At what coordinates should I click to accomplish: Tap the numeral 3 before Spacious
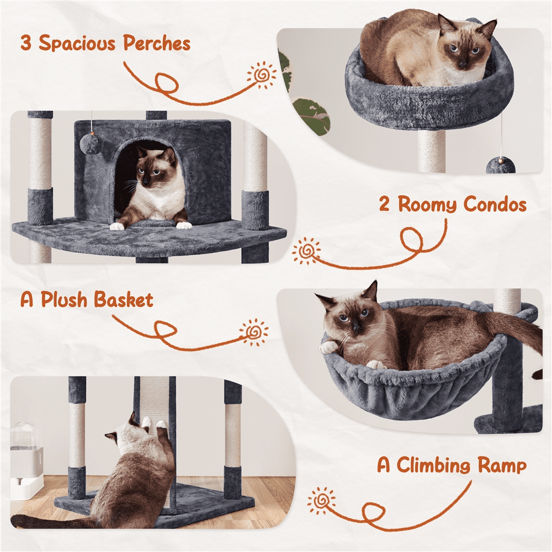pyautogui.click(x=26, y=43)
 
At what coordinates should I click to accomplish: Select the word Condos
pyautogui.click(x=495, y=205)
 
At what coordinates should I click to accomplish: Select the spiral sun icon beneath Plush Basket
pyautogui.click(x=254, y=333)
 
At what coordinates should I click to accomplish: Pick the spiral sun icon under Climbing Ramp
pyautogui.click(x=322, y=501)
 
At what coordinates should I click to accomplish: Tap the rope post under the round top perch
pyautogui.click(x=431, y=151)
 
